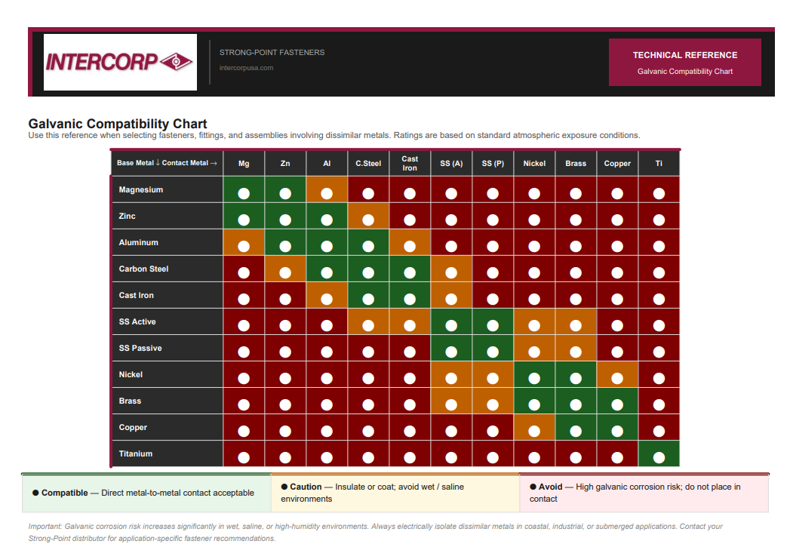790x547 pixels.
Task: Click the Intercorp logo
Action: click(x=120, y=62)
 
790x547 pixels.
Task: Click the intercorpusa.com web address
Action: click(x=246, y=68)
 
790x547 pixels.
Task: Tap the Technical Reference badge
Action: click(x=684, y=62)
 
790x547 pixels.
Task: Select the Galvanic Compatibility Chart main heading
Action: click(x=118, y=124)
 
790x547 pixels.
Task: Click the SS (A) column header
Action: click(x=451, y=164)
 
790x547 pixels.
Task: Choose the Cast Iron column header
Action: click(x=410, y=164)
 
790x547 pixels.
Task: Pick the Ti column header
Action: click(x=659, y=164)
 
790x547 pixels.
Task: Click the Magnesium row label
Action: click(x=141, y=190)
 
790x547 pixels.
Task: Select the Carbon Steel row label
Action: click(x=143, y=269)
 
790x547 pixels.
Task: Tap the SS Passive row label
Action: click(x=140, y=349)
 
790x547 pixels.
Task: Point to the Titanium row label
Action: click(x=136, y=454)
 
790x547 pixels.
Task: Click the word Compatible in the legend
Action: click(x=64, y=493)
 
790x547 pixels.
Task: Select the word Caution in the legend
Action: click(x=306, y=487)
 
